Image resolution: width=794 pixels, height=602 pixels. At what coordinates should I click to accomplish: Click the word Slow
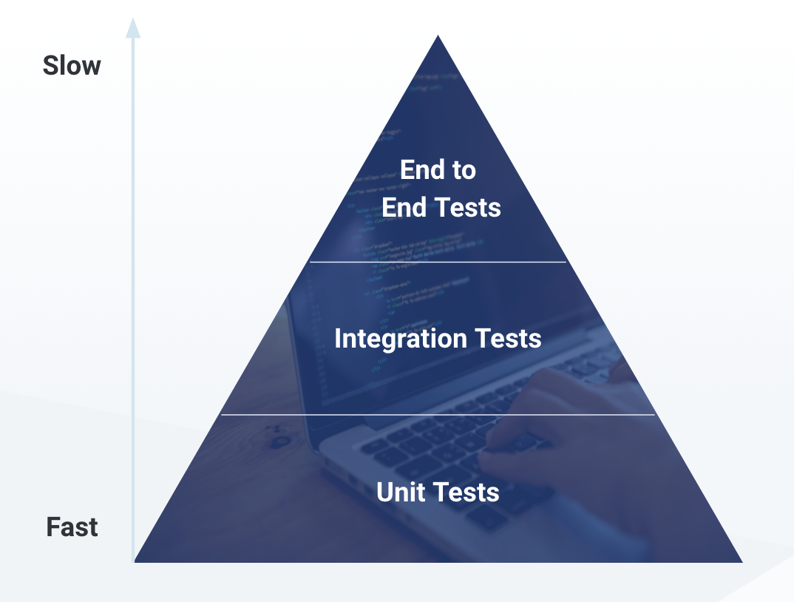click(72, 66)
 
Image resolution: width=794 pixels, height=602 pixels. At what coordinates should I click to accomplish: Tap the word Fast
click(72, 527)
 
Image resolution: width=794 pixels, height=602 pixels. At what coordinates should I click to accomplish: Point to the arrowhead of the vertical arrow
click(133, 27)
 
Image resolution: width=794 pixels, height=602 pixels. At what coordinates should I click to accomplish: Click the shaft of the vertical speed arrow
click(133, 296)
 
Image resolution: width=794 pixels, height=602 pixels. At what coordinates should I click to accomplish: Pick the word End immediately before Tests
click(404, 207)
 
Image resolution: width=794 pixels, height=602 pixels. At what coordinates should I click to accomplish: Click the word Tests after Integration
click(508, 339)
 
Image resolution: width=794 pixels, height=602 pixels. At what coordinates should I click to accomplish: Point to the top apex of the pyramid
click(438, 36)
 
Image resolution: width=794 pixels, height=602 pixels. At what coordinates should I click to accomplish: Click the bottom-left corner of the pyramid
click(136, 561)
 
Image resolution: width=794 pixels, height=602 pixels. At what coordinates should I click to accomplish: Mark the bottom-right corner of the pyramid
click(741, 561)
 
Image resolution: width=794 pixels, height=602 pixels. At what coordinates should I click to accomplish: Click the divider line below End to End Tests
click(438, 262)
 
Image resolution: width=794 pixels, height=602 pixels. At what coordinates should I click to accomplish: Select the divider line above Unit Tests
click(438, 415)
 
